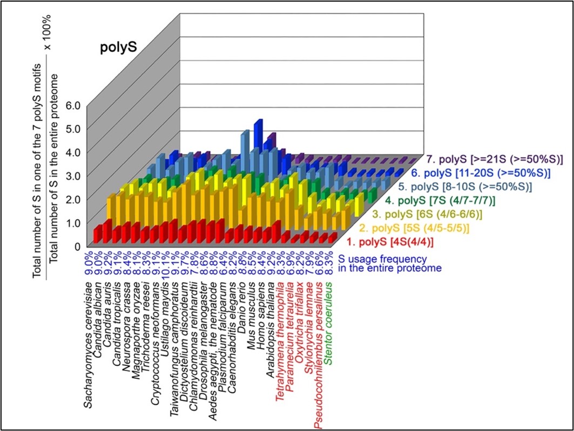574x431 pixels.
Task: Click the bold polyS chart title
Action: (x=118, y=47)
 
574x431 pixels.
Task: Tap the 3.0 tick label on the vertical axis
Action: (x=72, y=175)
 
